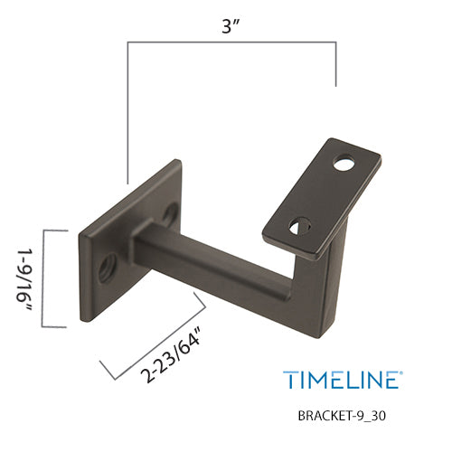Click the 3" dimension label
pos(231,26)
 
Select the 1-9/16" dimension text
pos(24,279)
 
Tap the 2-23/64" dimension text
pos(171,353)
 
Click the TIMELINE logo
pos(342,380)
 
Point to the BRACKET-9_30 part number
pos(342,416)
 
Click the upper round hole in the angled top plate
pos(344,163)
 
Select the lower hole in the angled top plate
pos(300,226)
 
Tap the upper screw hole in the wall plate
pos(170,214)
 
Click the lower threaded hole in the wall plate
pos(108,267)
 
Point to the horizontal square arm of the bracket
pos(211,265)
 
